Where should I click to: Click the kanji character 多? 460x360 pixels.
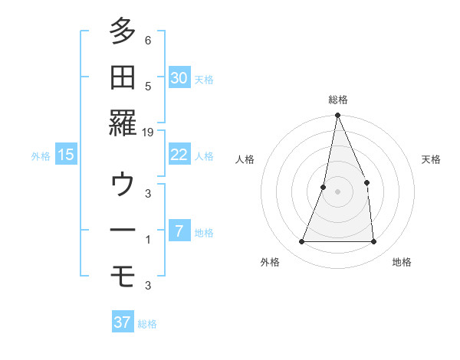(122, 31)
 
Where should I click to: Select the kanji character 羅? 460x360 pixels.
(122, 123)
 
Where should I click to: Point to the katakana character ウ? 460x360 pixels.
(122, 185)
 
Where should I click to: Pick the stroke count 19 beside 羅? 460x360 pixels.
(148, 133)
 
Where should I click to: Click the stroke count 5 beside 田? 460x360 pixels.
(148, 87)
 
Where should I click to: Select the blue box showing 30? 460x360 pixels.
(179, 77)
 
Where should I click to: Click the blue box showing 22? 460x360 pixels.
(179, 155)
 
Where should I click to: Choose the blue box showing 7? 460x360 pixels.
(179, 231)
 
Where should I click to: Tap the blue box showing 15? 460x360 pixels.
(66, 155)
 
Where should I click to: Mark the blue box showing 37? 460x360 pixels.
(123, 322)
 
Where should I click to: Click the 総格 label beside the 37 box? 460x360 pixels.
(147, 324)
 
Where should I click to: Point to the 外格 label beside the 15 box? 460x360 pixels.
(41, 156)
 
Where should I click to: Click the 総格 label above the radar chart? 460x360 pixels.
(337, 100)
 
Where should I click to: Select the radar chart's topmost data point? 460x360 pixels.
(337, 116)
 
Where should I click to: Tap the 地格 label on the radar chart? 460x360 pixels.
(402, 262)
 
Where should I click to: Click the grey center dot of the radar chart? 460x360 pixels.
(337, 191)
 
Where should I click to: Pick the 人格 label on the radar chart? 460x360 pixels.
(245, 159)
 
